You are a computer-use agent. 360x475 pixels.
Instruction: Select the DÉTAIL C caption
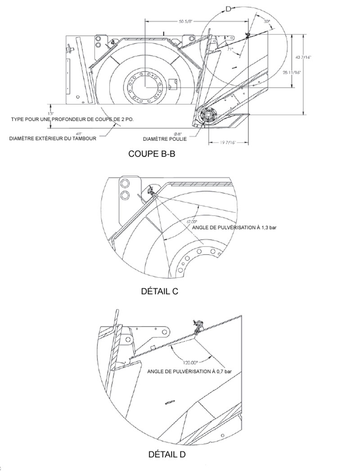pyautogui.click(x=159, y=291)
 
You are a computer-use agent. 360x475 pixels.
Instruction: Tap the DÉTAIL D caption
pyautogui.click(x=166, y=454)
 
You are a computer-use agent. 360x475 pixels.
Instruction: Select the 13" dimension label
pyautogui.click(x=50, y=113)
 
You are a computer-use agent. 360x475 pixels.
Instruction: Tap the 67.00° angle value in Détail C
pyautogui.click(x=192, y=221)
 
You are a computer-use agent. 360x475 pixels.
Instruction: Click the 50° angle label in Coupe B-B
pyautogui.click(x=266, y=21)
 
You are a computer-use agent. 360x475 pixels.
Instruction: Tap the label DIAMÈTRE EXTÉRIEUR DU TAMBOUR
pyautogui.click(x=53, y=139)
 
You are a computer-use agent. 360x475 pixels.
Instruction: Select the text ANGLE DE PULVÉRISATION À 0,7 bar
pyautogui.click(x=189, y=372)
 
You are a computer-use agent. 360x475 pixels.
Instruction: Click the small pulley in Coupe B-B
pyautogui.click(x=209, y=116)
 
